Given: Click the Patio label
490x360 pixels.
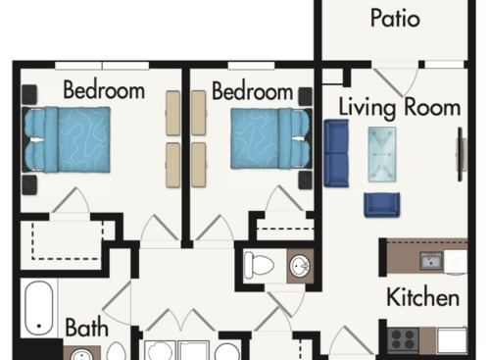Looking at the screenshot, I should [396, 19].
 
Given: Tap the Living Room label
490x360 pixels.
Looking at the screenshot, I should [400, 106].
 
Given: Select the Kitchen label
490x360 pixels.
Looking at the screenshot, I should [423, 297].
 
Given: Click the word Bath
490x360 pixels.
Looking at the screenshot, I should [86, 327].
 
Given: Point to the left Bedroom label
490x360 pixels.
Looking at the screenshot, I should [104, 91].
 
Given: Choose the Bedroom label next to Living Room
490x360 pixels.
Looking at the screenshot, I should [252, 91].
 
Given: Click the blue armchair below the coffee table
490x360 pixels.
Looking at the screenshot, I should [381, 204].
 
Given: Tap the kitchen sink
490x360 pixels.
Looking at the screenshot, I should [431, 261].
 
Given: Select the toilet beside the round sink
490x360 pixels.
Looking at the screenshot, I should [261, 265].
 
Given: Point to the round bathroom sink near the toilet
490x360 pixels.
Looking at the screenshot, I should [299, 266].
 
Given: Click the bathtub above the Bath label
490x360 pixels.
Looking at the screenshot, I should [40, 307].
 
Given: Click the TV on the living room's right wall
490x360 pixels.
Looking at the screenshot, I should [462, 153].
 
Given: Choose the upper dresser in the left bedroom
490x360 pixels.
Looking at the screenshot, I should [173, 113].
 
